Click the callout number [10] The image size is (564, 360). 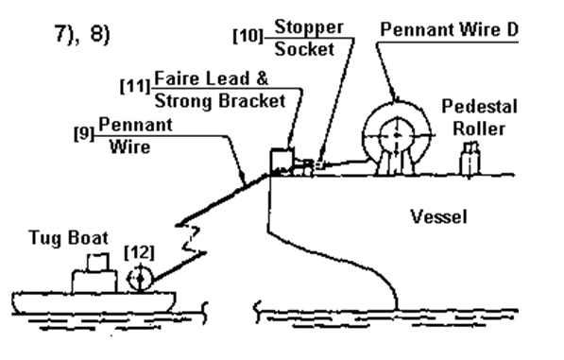(x=248, y=36)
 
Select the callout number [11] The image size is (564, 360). (x=135, y=86)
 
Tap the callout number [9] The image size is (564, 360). (x=84, y=133)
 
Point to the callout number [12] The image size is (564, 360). (x=140, y=252)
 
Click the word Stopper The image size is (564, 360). (x=309, y=27)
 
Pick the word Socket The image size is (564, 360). (x=304, y=49)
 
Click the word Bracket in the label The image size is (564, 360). (x=252, y=101)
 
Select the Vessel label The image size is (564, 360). (x=439, y=217)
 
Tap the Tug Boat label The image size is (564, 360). (x=68, y=238)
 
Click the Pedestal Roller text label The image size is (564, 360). (x=479, y=117)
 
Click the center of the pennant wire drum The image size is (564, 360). (x=397, y=135)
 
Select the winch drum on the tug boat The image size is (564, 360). (x=140, y=278)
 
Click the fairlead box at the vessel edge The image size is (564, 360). (x=282, y=162)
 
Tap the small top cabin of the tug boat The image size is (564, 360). (x=98, y=262)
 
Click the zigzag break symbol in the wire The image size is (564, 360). (x=192, y=239)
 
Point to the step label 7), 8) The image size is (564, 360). (x=82, y=34)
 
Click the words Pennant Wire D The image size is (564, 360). (x=449, y=29)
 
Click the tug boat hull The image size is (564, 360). (x=94, y=302)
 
